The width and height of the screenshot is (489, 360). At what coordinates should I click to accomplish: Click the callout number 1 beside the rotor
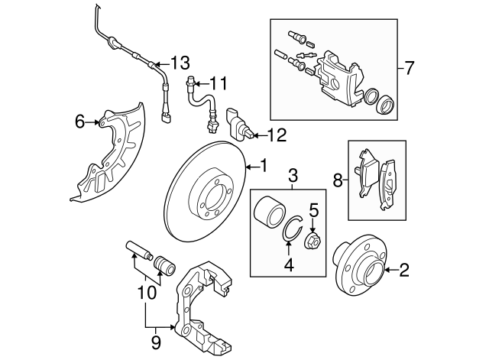point(264,164)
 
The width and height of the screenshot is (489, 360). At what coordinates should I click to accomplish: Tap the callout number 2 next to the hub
point(404,269)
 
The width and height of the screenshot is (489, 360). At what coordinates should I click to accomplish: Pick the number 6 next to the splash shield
point(80,121)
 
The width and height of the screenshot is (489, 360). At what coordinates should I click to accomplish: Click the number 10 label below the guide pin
point(147,292)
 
